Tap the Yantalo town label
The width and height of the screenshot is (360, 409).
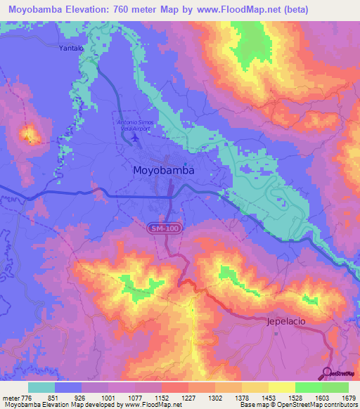71,48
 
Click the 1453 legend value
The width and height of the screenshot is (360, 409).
259,398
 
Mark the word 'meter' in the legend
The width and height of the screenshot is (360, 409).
9,398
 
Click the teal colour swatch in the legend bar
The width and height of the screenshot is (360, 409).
41,387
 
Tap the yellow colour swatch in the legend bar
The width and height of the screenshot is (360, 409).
281,387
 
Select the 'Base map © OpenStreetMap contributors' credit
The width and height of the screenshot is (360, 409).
298,405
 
